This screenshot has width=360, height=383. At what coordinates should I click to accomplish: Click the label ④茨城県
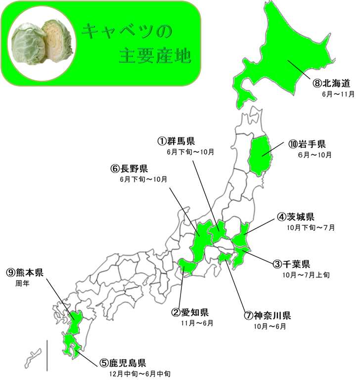pyautogui.click(x=295, y=217)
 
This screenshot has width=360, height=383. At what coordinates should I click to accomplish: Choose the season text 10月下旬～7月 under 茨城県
pyautogui.click(x=311, y=228)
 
